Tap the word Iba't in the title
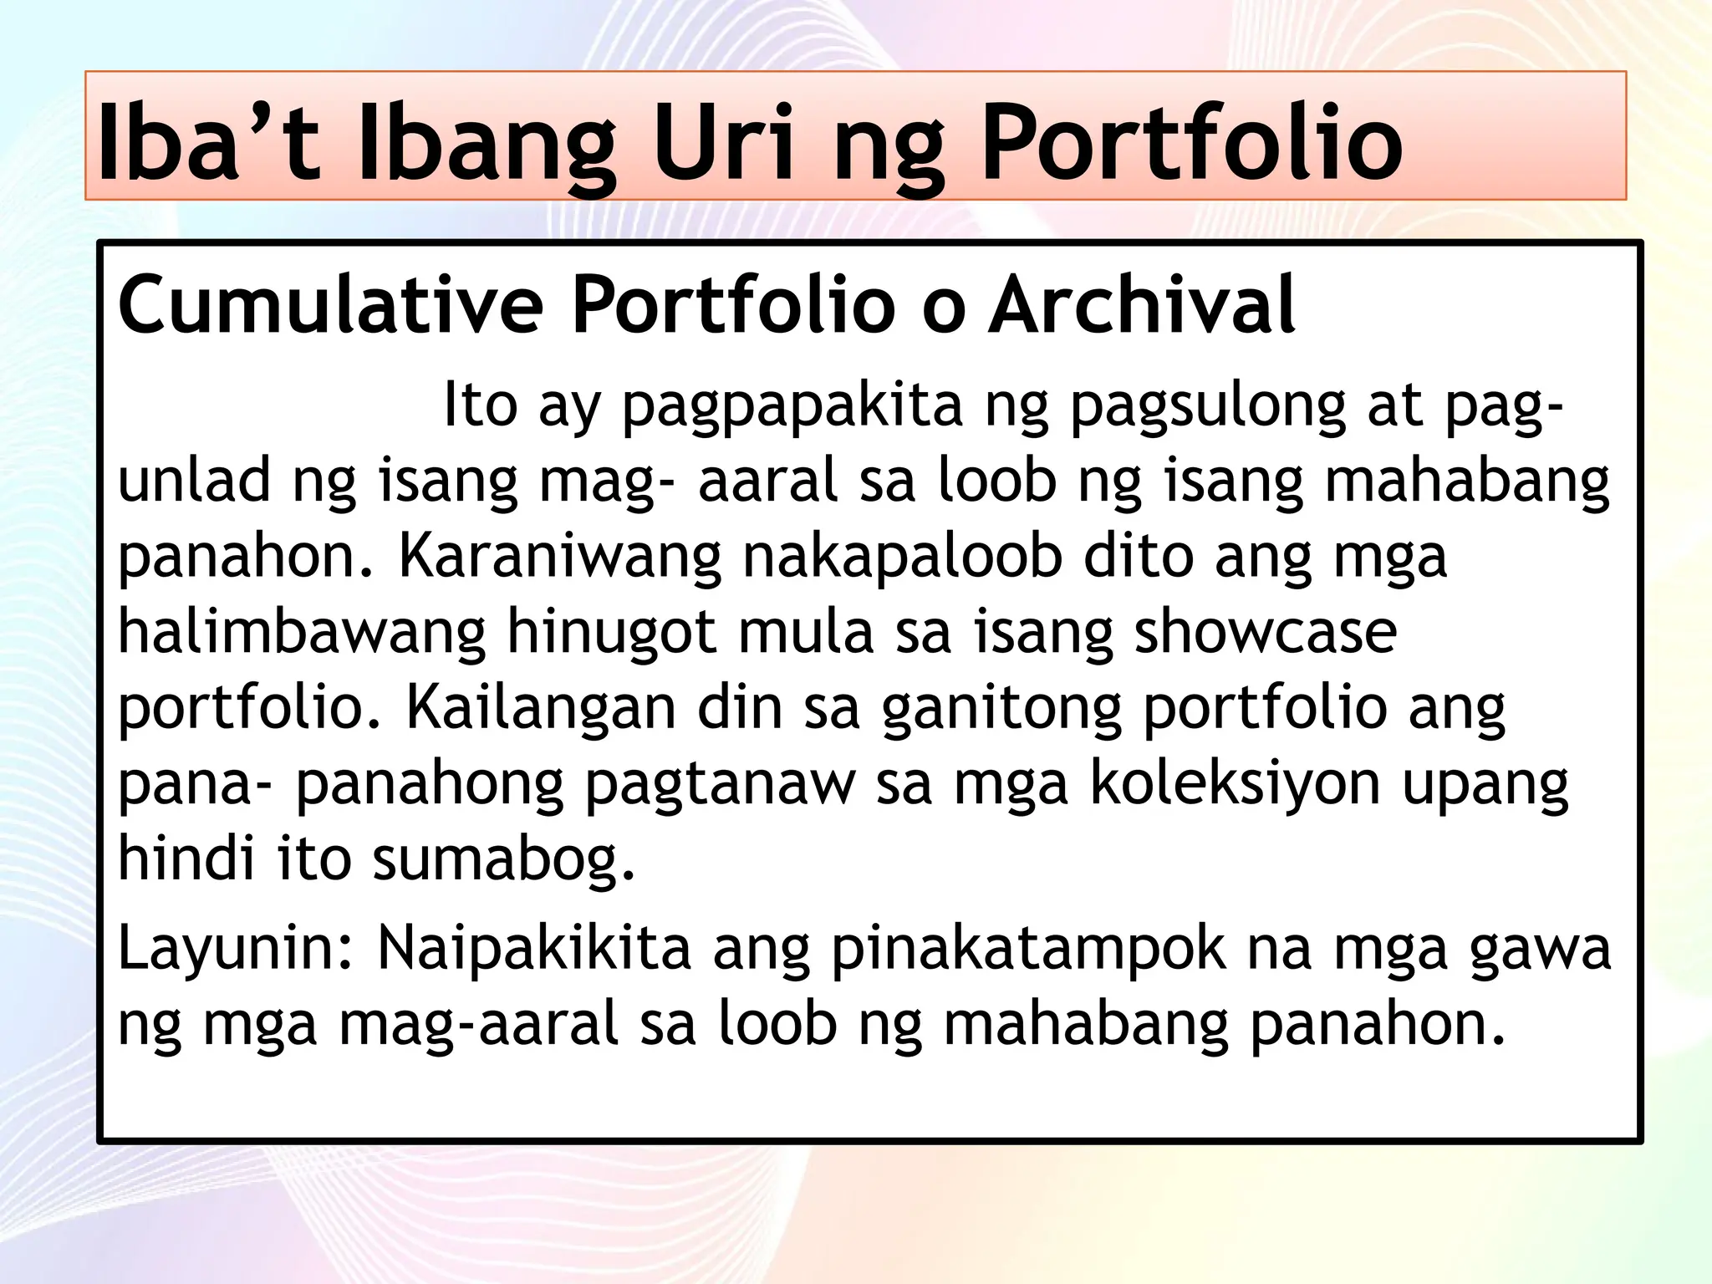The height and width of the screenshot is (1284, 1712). click(208, 142)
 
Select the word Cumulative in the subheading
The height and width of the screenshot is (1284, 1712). click(331, 304)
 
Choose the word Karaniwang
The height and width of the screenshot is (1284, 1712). click(559, 557)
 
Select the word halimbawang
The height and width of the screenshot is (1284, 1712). click(302, 632)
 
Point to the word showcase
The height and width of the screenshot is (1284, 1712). click(1265, 632)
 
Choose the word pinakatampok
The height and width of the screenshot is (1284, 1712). click(1028, 950)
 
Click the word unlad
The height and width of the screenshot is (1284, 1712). click(195, 481)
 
